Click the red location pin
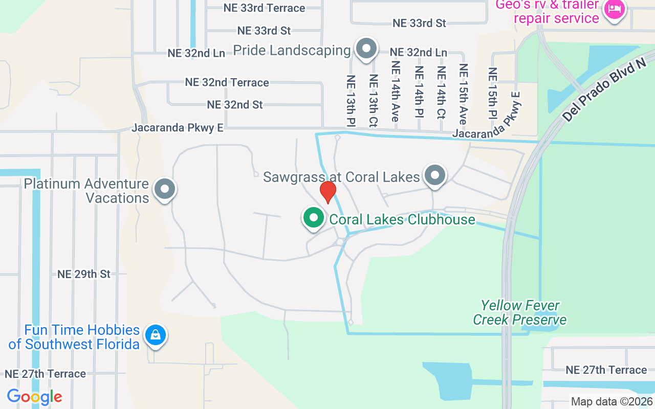click(327, 192)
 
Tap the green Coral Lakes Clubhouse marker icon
click(314, 217)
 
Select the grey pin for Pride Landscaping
click(366, 49)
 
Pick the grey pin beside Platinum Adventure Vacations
click(165, 189)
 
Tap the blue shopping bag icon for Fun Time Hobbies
click(155, 335)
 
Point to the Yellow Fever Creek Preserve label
click(519, 313)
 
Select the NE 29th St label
click(84, 274)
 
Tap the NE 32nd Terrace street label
click(227, 82)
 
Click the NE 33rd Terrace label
click(264, 8)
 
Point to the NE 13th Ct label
click(373, 100)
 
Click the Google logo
click(34, 396)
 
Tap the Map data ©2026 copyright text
click(612, 401)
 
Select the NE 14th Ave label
click(395, 91)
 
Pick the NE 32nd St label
click(235, 105)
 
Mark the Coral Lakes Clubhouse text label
click(402, 219)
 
